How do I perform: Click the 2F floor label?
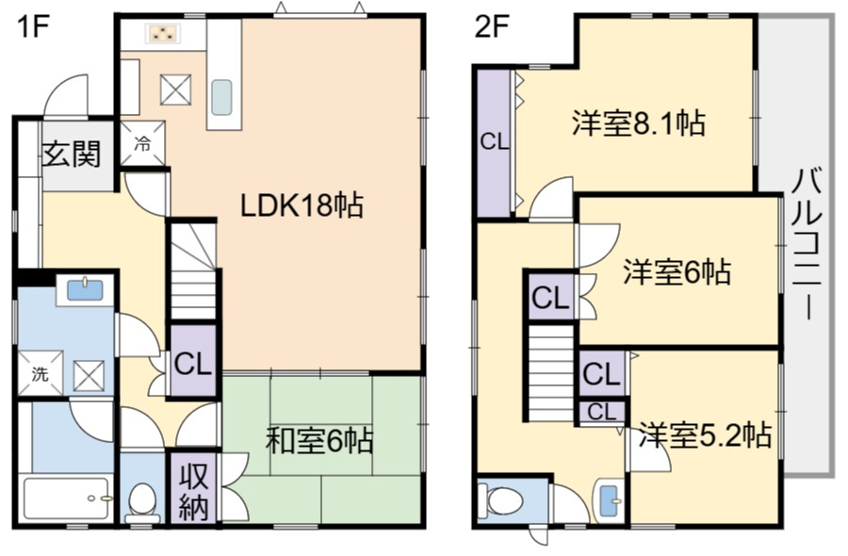(491, 27)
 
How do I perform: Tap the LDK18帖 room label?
(302, 204)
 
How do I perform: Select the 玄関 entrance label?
(71, 153)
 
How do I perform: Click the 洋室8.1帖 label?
(639, 123)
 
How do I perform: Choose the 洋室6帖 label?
(676, 272)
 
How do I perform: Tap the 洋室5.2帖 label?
(706, 435)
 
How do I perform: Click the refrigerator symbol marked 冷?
(142, 144)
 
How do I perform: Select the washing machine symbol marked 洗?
(41, 373)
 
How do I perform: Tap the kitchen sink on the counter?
(221, 96)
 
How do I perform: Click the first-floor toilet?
(142, 499)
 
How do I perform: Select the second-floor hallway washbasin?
(609, 497)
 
